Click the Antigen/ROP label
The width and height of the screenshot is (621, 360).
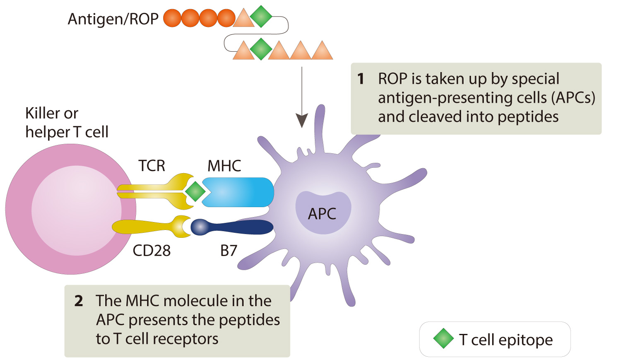coord(113,19)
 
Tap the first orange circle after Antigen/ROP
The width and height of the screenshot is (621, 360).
coord(172,19)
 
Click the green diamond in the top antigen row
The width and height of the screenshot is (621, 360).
coord(261,17)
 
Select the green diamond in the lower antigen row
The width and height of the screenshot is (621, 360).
coord(261,49)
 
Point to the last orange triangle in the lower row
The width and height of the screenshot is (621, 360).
coord(322,51)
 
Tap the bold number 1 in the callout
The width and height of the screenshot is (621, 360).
coord(361,79)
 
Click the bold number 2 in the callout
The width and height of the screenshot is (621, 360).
coord(79,301)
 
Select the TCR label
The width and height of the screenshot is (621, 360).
coord(152,166)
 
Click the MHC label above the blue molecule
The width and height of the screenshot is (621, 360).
coord(224,166)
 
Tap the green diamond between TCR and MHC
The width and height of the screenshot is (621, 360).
coord(195,192)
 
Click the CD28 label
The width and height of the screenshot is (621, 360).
coord(152,251)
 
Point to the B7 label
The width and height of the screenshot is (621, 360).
coord(229,251)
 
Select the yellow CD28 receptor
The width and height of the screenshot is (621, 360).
coord(149,227)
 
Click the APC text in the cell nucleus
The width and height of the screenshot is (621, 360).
coord(322,214)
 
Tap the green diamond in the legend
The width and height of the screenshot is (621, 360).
coord(443,338)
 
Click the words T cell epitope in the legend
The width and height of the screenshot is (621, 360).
coord(505,340)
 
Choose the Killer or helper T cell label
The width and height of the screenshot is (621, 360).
coord(66,123)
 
